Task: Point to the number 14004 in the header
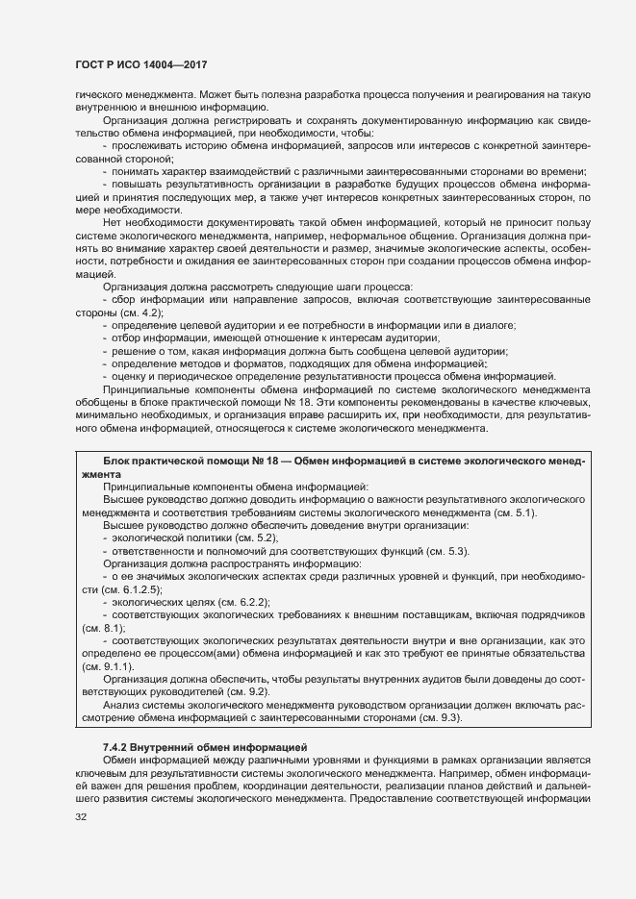[163, 64]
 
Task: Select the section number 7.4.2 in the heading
[116, 746]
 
